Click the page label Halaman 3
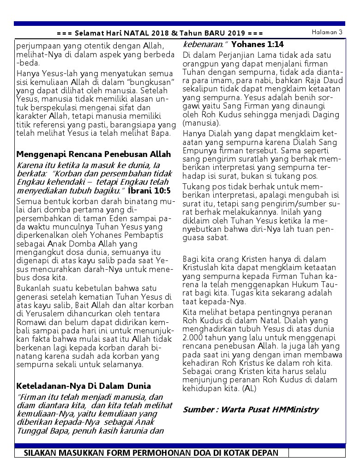point(326,32)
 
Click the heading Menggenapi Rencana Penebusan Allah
point(94,154)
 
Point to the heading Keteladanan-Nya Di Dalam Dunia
point(84,386)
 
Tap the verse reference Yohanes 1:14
point(258,44)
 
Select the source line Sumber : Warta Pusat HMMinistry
point(251,409)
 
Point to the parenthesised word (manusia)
point(202,123)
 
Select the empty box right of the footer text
point(317,453)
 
